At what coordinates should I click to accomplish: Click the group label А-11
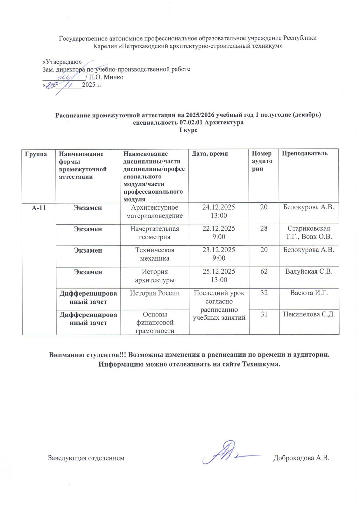pyautogui.click(x=39, y=208)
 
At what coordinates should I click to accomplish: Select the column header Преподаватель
pyautogui.click(x=305, y=153)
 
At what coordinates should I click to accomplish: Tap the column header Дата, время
pyautogui.click(x=210, y=154)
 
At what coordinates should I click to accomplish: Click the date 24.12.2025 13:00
pyautogui.click(x=219, y=212)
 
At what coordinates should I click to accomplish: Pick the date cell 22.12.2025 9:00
pyautogui.click(x=219, y=233)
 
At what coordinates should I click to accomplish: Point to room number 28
pyautogui.click(x=264, y=229)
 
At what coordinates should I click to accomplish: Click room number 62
pyautogui.click(x=264, y=272)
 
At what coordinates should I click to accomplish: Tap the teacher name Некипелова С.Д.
pyautogui.click(x=309, y=314)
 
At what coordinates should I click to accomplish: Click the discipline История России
pyautogui.click(x=155, y=293)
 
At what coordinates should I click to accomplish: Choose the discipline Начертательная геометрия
pyautogui.click(x=155, y=233)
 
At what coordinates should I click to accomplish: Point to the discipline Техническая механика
pyautogui.click(x=155, y=254)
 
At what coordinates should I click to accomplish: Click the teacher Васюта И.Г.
pyautogui.click(x=309, y=293)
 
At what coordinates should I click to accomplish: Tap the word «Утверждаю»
pyautogui.click(x=62, y=62)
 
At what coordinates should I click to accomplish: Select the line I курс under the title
pyautogui.click(x=188, y=130)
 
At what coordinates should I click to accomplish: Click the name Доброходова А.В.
pyautogui.click(x=301, y=458)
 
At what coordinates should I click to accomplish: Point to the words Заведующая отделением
pyautogui.click(x=86, y=458)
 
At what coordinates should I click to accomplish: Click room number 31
pyautogui.click(x=264, y=314)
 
